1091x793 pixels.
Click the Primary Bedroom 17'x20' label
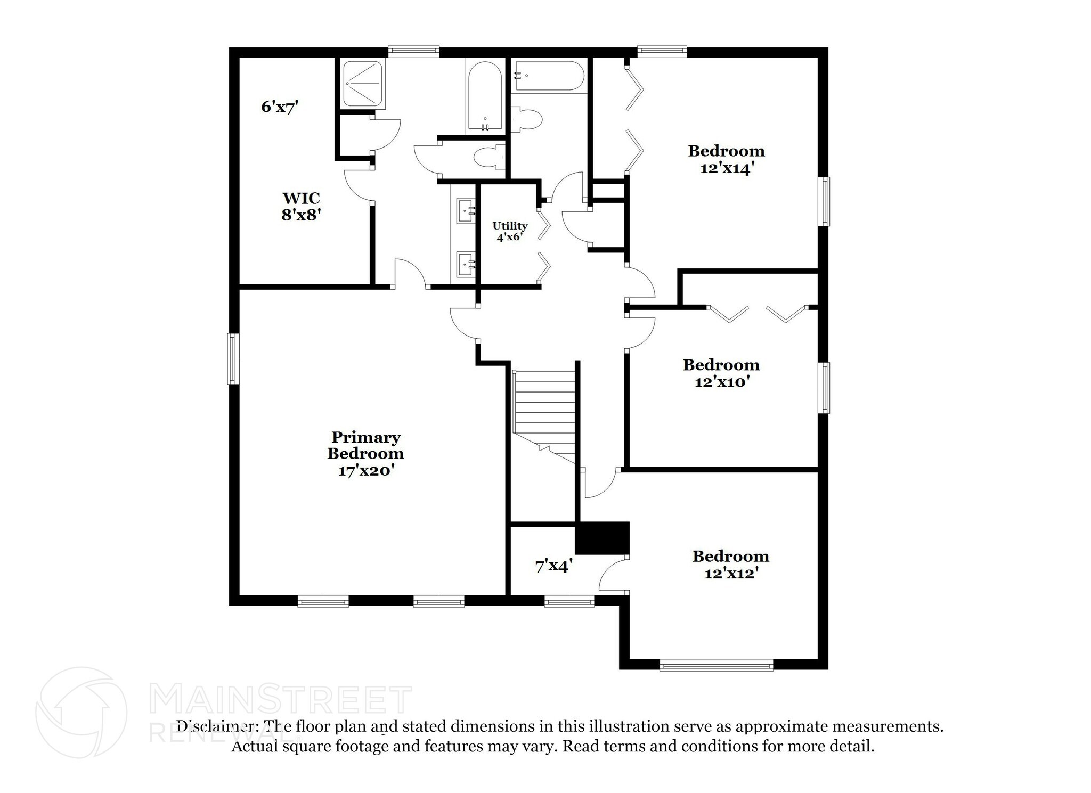tap(365, 454)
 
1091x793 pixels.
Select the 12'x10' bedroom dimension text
tap(722, 382)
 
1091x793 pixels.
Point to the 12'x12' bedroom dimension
tap(730, 574)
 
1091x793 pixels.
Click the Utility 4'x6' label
tap(510, 232)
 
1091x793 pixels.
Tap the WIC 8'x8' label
tap(301, 206)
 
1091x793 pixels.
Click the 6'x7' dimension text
tap(279, 107)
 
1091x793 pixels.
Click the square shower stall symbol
tap(362, 83)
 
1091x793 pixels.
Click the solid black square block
tap(603, 538)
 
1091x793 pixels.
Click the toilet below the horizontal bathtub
tap(526, 118)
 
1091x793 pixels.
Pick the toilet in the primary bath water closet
tap(488, 158)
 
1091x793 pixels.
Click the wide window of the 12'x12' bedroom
tap(716, 665)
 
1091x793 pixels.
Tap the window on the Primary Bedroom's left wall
tap(233, 358)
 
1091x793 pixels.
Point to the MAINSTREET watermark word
tap(281, 700)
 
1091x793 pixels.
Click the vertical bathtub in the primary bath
tap(484, 96)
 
